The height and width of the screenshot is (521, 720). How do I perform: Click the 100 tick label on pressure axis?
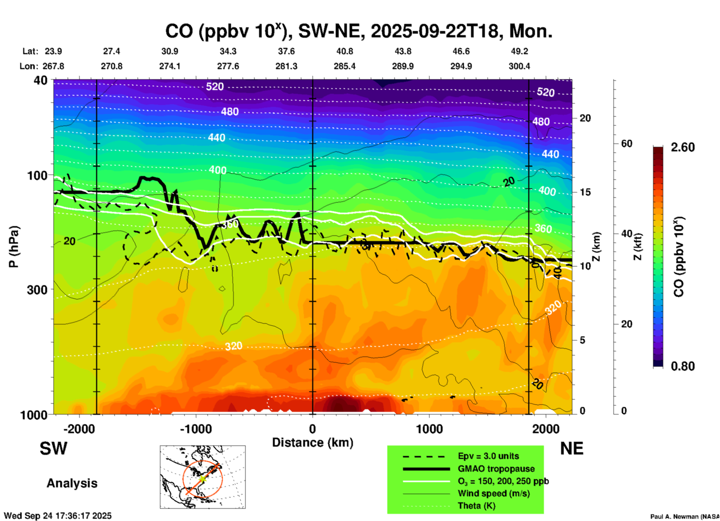tap(37, 175)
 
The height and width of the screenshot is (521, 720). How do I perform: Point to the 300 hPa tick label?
tap(37, 290)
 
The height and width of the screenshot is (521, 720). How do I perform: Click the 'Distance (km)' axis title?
tap(313, 443)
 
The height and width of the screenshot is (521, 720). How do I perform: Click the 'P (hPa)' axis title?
tap(14, 247)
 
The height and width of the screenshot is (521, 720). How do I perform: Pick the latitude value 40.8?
tap(344, 51)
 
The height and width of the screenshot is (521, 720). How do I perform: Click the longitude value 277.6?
tap(228, 66)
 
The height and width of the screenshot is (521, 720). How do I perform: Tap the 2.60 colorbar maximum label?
tap(683, 147)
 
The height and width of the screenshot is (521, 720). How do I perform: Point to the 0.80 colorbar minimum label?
tap(683, 366)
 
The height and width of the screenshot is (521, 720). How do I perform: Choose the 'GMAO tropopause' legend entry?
tap(496, 469)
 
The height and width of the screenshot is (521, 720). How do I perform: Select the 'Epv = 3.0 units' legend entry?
tap(488, 456)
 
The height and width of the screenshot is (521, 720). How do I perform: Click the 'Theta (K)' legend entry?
tap(476, 506)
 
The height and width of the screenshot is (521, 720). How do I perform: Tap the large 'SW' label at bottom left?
tap(53, 448)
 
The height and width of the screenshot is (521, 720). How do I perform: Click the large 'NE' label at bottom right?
tap(572, 448)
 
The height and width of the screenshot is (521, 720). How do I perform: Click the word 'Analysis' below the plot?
tap(72, 483)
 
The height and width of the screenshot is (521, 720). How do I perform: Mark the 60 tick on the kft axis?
tap(627, 144)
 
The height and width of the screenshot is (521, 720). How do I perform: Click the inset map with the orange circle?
tap(203, 477)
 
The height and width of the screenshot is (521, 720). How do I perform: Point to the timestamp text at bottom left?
tap(58, 516)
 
